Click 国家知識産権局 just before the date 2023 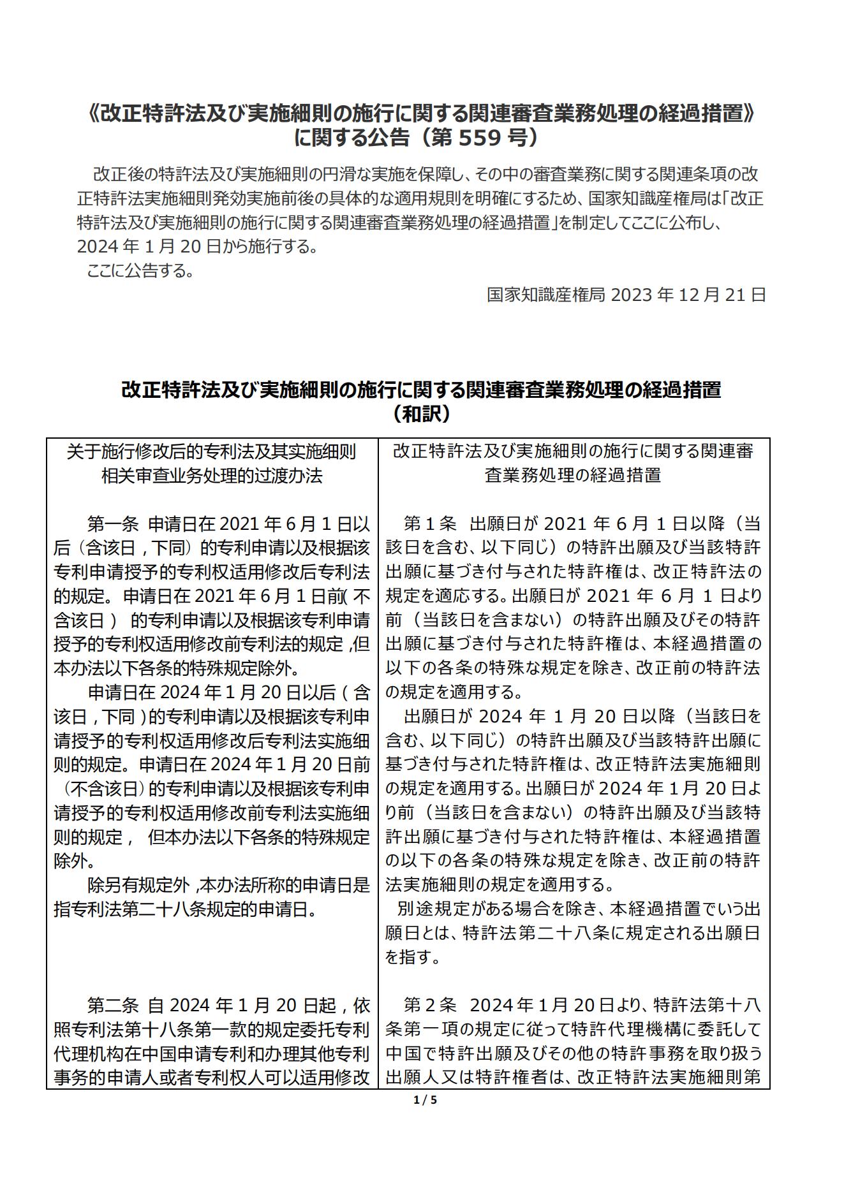click(547, 295)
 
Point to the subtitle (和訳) click(422, 414)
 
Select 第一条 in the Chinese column click(113, 524)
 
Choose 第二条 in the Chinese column click(113, 1006)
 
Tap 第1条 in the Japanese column click(429, 524)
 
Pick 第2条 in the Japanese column click(429, 1006)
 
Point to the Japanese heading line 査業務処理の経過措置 click(573, 476)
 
